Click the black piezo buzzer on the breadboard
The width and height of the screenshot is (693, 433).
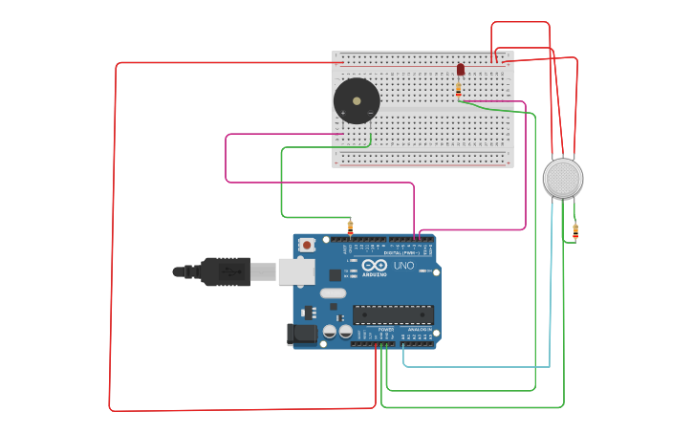(356, 101)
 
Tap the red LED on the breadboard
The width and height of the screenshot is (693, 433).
(460, 69)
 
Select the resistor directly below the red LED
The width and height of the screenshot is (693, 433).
(459, 89)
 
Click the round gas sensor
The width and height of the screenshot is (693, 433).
(563, 179)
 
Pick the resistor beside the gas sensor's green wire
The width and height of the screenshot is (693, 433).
(575, 230)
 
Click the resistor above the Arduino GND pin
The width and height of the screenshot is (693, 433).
(350, 227)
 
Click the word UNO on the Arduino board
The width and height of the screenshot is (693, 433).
(403, 265)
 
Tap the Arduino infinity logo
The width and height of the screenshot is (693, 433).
(374, 264)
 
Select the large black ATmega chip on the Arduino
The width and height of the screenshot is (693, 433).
(393, 314)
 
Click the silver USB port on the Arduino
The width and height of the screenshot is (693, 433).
(295, 271)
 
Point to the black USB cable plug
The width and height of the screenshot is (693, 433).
(225, 271)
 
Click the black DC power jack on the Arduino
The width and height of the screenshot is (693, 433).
(301, 334)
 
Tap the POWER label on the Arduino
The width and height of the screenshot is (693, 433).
(385, 329)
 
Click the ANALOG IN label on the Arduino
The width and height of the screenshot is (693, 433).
(419, 329)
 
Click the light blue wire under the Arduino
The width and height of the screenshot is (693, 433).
(478, 366)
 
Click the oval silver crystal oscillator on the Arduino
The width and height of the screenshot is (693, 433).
(332, 292)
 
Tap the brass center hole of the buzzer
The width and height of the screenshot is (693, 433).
(357, 100)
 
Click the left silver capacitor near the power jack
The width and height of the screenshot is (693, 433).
(330, 331)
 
